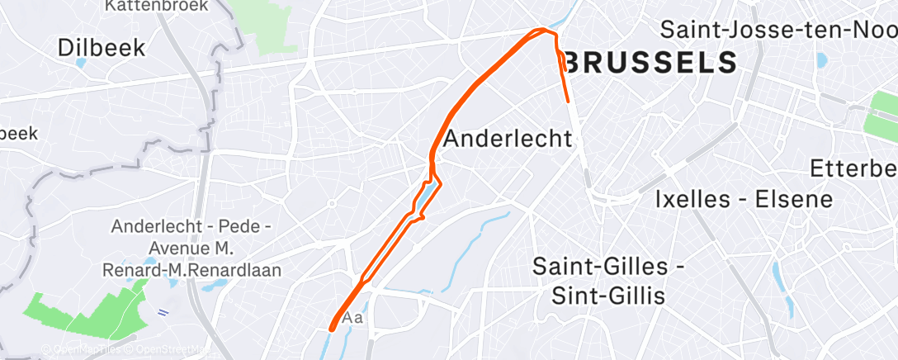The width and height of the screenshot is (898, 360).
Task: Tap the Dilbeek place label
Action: pos(102,47)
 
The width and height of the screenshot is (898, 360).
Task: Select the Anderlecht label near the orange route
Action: pos(508,138)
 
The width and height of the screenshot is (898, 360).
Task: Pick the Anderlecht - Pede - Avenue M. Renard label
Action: pos(197,248)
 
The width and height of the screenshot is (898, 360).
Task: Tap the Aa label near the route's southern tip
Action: pos(352,318)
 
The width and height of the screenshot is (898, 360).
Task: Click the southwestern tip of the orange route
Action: pos(332,328)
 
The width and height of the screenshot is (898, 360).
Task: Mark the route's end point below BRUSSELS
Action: pos(570,101)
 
